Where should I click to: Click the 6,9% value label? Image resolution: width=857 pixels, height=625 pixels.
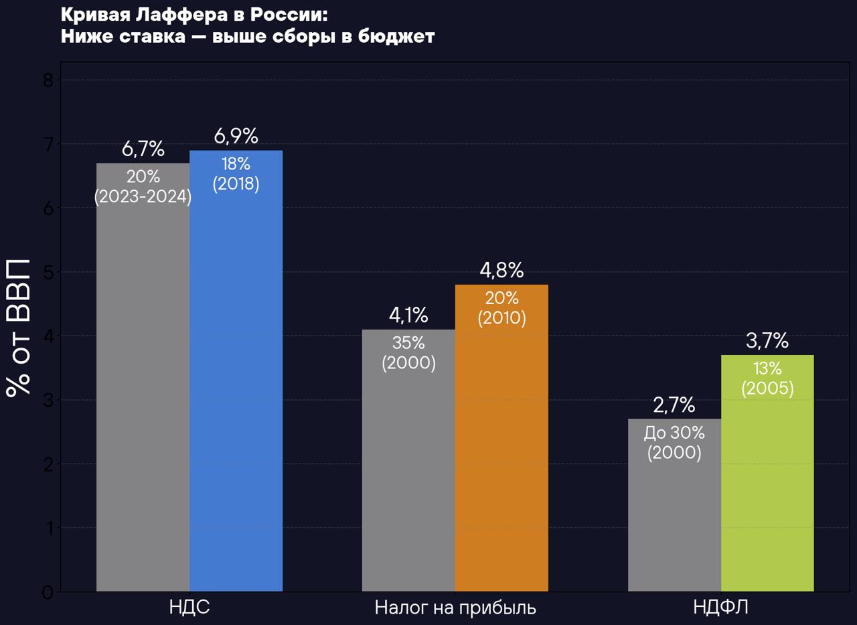[x=236, y=137]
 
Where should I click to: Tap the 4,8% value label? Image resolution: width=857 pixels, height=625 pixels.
[x=501, y=271]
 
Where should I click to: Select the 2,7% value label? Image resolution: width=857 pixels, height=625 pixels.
[x=674, y=405]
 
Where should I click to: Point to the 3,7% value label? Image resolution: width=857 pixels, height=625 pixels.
[x=767, y=341]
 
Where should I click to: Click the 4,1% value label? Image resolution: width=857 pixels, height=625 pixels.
[x=408, y=316]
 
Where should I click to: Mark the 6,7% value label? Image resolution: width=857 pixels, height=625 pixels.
[x=143, y=149]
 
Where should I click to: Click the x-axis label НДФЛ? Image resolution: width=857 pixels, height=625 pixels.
[x=720, y=608]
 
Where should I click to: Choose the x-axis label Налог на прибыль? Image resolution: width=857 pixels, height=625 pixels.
[x=455, y=608]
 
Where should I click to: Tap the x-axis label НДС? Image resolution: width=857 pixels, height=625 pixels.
[x=189, y=608]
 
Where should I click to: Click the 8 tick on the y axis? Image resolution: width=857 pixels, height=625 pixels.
[x=48, y=80]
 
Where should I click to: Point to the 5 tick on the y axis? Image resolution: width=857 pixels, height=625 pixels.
[x=48, y=272]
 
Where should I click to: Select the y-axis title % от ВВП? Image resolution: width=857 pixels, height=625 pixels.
[x=19, y=327]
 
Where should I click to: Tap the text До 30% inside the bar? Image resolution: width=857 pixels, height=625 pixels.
[x=674, y=433]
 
